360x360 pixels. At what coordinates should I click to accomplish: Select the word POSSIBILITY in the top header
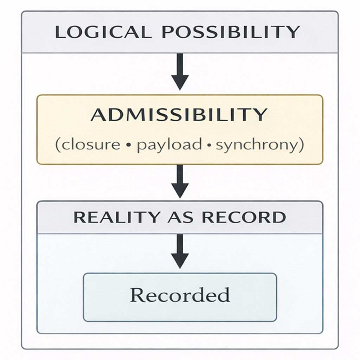pyautogui.click(x=230, y=32)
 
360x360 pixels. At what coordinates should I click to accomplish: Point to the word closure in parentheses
pyautogui.click(x=91, y=145)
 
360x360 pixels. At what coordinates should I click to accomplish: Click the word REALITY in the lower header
pyautogui.click(x=116, y=217)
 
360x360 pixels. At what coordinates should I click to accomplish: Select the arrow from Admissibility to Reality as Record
pyautogui.click(x=180, y=181)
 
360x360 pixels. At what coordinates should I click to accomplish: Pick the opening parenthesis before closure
pyautogui.click(x=57, y=145)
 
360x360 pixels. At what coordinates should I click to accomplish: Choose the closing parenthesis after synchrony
pyautogui.click(x=300, y=145)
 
